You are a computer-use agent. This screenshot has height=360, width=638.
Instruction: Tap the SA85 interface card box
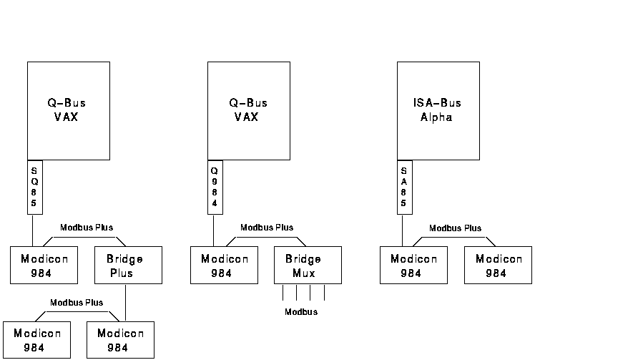tap(405, 187)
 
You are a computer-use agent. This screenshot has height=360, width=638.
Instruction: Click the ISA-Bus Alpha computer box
tap(438, 110)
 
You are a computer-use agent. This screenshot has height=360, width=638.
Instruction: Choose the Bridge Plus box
tap(129, 265)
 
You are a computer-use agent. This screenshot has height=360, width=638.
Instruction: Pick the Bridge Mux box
tap(308, 265)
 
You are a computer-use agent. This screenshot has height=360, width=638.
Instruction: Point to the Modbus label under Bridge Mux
tap(301, 312)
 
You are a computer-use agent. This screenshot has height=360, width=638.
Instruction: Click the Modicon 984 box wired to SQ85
tap(44, 265)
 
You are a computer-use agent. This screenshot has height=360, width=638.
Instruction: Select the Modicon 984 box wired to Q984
tap(224, 265)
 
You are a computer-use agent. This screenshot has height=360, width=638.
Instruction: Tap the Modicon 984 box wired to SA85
tap(413, 265)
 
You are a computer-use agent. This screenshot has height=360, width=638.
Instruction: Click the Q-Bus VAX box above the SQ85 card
tap(69, 110)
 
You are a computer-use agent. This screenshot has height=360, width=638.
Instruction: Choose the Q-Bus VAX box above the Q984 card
tap(249, 110)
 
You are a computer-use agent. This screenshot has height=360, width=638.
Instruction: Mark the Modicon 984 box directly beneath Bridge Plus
tap(120, 340)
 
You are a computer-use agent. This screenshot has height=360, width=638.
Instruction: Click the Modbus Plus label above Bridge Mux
tap(267, 228)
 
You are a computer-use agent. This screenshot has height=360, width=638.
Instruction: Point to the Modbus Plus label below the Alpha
tap(456, 228)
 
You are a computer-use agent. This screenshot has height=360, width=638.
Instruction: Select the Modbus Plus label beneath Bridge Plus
tap(77, 303)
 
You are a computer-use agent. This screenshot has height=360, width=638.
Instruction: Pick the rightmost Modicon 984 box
tap(499, 265)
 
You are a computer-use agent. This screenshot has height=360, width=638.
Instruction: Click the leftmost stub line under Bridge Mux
tap(283, 292)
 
